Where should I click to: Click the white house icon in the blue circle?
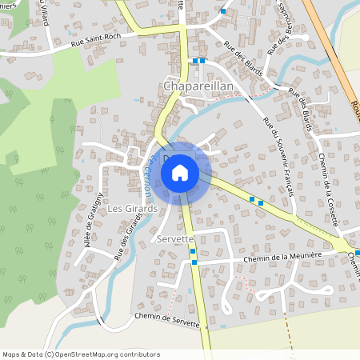point(180,173)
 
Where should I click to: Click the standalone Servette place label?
point(175,239)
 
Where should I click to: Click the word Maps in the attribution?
point(13,354)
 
